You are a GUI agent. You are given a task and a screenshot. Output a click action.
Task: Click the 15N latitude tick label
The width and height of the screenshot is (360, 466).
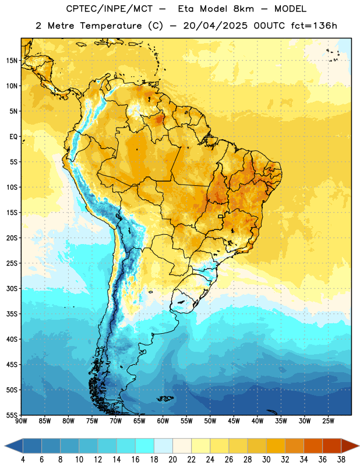[12, 61]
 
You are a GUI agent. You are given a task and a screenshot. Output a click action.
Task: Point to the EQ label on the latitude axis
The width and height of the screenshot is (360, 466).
[13, 137]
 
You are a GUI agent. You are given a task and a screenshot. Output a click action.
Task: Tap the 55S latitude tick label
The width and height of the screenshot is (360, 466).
[12, 415]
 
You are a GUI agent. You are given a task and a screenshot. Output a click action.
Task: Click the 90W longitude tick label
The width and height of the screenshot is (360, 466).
[21, 421]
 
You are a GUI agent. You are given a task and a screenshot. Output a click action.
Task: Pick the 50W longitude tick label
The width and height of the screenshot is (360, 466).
[210, 421]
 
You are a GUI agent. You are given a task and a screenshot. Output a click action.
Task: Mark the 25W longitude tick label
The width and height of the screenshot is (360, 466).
[328, 421]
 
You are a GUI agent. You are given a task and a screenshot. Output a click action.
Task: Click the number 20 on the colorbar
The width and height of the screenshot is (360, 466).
[172, 460]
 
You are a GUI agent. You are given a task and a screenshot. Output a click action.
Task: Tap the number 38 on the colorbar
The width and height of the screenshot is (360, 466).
[341, 460]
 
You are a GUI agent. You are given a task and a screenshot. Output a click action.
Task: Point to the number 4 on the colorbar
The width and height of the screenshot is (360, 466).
[23, 460]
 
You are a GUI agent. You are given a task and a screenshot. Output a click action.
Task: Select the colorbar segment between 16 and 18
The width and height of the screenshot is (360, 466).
[145, 446]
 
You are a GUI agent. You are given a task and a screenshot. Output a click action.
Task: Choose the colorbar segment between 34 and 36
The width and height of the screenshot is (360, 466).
[313, 446]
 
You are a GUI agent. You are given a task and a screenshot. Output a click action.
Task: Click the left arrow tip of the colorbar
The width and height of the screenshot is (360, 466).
[5, 446]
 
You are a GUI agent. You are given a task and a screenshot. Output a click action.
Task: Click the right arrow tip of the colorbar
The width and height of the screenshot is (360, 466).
[359, 446]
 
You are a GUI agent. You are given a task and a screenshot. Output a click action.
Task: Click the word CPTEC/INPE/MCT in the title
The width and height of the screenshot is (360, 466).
[109, 9]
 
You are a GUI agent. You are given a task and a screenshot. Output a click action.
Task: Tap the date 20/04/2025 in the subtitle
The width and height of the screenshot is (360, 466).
[215, 26]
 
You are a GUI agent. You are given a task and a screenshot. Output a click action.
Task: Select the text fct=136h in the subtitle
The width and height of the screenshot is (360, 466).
[314, 26]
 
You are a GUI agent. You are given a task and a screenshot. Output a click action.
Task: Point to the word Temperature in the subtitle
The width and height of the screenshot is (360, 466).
[111, 26]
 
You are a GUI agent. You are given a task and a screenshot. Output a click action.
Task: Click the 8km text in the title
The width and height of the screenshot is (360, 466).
[243, 9]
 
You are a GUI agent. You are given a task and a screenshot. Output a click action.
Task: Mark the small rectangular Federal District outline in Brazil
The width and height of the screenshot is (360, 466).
[221, 216]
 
